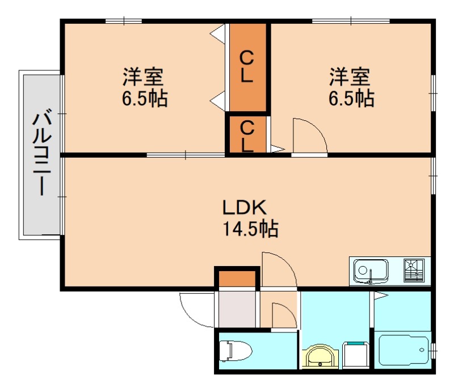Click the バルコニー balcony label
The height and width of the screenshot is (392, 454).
coord(41,154)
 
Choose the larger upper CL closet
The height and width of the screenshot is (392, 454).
coord(247,67)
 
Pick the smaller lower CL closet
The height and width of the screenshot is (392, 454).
coord(247,134)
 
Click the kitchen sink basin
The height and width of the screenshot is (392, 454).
coord(371,271)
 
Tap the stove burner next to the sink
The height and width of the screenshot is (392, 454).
coord(414,271)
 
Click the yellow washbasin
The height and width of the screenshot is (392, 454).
coord(321,357)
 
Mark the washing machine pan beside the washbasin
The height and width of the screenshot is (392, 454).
coord(354,356)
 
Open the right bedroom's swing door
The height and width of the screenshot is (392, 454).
coord(309,136)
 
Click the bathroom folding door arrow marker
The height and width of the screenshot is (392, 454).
coord(379,296)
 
